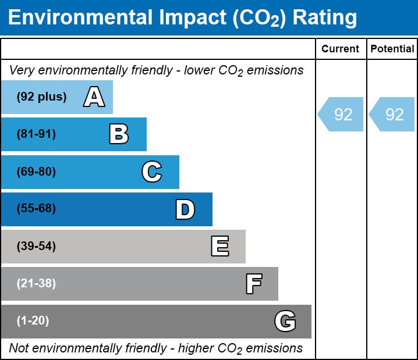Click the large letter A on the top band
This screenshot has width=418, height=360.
94,97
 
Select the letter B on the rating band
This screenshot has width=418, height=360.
119,134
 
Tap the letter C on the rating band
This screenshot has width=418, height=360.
152,172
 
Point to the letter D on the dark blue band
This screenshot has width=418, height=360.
185,209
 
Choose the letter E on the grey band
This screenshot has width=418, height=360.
219,247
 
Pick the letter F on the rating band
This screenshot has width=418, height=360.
253,284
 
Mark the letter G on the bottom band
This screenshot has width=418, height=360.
285,321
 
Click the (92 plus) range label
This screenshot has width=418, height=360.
41,97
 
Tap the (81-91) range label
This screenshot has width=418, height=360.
36,134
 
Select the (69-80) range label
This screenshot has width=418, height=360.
36,172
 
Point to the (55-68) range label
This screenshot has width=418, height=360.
36,209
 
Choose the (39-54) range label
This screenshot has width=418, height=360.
36,247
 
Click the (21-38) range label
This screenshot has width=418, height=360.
36,284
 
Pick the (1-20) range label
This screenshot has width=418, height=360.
33,321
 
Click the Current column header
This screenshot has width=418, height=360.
341,49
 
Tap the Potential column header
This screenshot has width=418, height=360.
392,49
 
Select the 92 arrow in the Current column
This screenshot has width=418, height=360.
341,115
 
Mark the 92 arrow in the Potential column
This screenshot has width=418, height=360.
392,115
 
